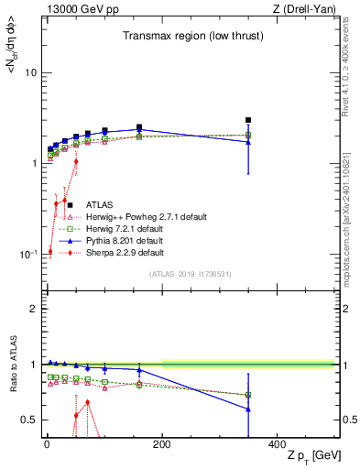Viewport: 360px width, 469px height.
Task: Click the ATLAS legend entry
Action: (x=100, y=205)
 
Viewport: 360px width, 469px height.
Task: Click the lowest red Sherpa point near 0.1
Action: (x=49, y=251)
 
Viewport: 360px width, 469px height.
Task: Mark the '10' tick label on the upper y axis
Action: (x=29, y=72)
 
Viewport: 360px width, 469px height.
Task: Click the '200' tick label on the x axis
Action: (x=162, y=444)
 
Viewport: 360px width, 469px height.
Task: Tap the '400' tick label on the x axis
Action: (x=277, y=444)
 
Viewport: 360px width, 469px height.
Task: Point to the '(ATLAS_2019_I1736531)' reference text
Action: (x=191, y=274)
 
